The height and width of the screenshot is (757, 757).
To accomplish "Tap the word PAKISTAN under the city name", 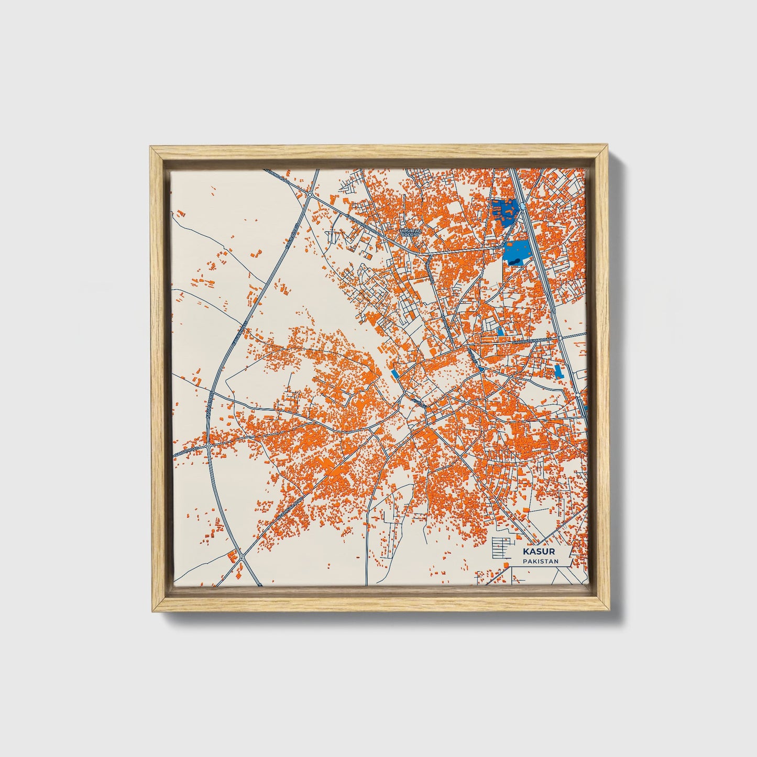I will (x=540, y=561).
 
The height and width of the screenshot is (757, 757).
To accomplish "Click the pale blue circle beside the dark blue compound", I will (x=523, y=207).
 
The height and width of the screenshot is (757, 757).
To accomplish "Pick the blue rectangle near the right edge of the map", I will (x=558, y=371).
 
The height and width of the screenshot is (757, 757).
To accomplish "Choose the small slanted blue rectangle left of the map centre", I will (x=393, y=374).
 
